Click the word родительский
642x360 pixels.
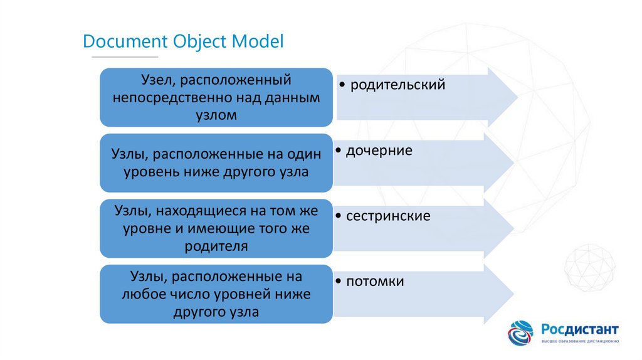tap(397, 85)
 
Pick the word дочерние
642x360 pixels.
tap(378, 151)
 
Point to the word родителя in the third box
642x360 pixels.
tap(216, 246)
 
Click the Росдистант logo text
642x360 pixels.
tap(580, 329)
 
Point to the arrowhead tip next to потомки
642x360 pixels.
tap(513, 294)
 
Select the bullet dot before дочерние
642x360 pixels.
tap(339, 151)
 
